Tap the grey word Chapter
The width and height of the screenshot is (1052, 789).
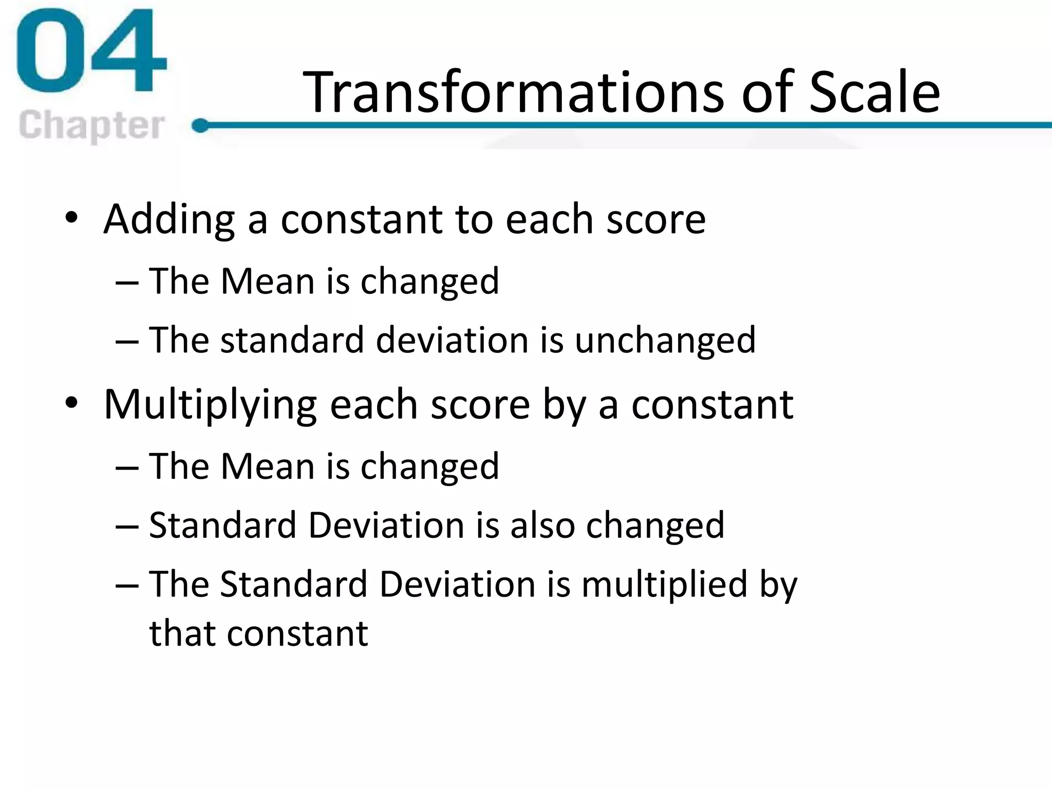click(91, 125)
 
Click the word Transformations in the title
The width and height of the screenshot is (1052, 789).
click(514, 92)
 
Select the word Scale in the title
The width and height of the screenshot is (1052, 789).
click(874, 92)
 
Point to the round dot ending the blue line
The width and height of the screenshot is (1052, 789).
click(200, 125)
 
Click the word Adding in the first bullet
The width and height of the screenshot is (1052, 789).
click(169, 220)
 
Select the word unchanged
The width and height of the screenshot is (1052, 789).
click(665, 341)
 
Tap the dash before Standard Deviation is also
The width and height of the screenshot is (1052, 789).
click(127, 527)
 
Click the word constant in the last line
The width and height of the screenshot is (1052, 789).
click(297, 633)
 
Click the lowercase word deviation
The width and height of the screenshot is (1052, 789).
click(452, 341)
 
